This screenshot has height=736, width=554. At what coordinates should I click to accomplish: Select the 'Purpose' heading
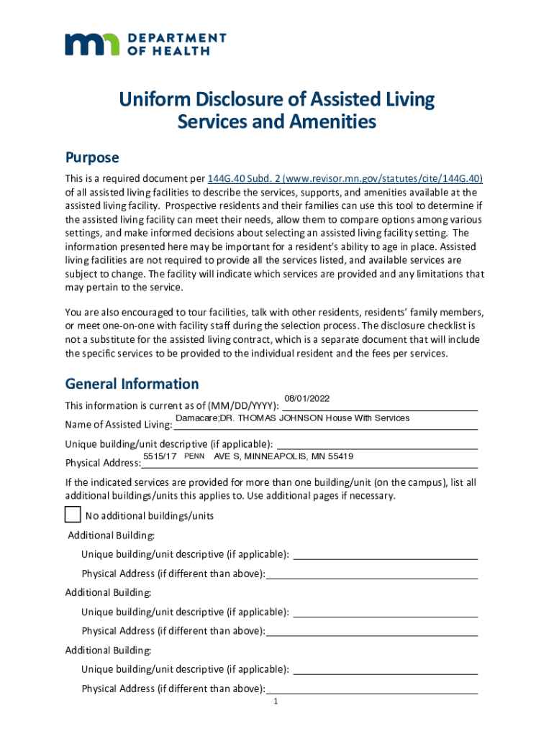[92, 157]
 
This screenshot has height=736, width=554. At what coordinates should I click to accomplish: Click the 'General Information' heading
[132, 384]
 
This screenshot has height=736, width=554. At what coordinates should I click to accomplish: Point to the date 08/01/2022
[307, 399]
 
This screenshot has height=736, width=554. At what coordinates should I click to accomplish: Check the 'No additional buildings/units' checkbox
[73, 515]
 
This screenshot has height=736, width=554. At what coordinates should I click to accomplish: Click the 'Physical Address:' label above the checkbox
[103, 462]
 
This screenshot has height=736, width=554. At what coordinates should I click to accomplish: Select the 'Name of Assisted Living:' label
[118, 423]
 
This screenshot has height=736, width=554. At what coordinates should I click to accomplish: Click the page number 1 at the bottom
[276, 702]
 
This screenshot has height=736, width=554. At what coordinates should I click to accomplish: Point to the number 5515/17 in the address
[160, 456]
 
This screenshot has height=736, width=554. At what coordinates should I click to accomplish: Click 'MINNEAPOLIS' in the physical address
[278, 456]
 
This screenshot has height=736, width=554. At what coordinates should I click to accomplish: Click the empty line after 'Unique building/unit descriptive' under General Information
[377, 443]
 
